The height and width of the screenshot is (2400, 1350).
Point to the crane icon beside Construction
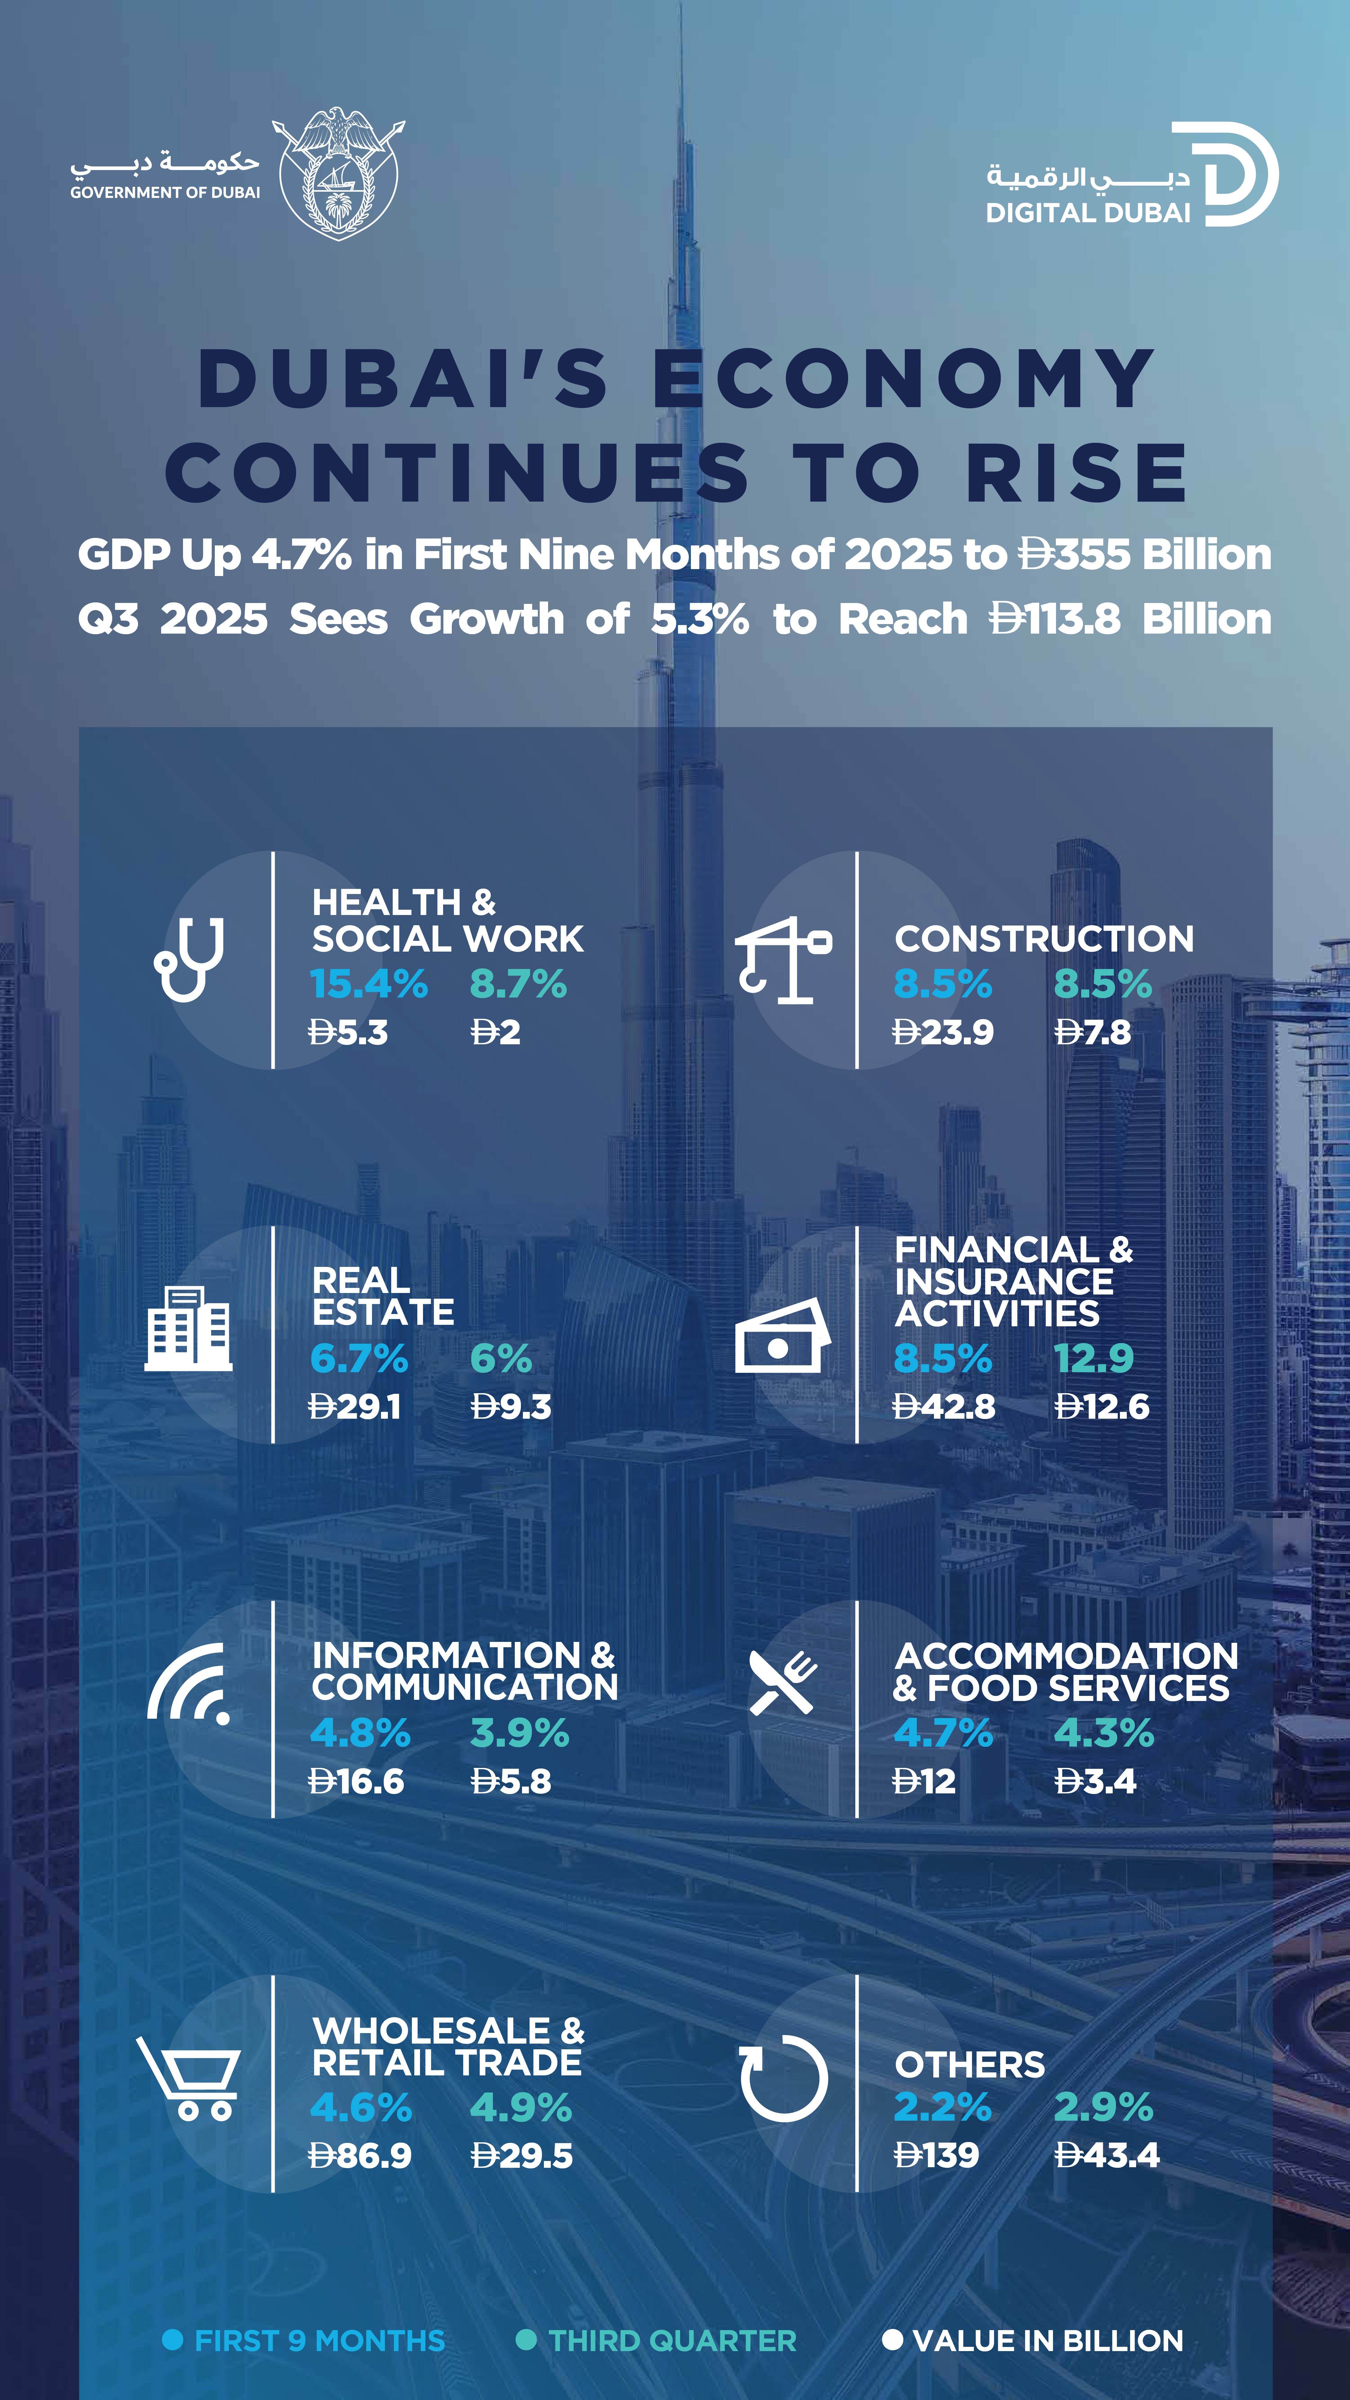click(x=783, y=960)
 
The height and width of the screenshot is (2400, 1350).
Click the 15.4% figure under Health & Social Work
click(x=369, y=984)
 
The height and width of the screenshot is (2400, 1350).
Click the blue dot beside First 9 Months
click(x=172, y=2339)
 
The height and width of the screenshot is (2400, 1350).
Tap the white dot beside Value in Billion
click(x=892, y=2339)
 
